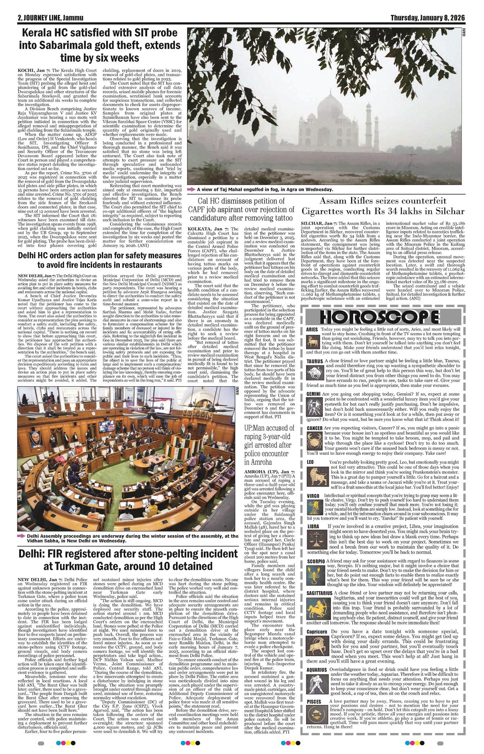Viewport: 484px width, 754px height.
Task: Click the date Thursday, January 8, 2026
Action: pyautogui.click(x=428, y=18)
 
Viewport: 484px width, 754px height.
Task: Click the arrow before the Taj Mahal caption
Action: pyautogui.click(x=190, y=190)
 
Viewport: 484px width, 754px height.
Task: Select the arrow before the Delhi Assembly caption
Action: pyautogui.click(x=21, y=536)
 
